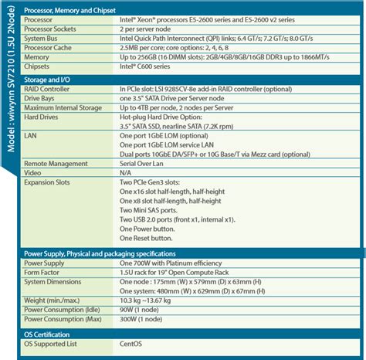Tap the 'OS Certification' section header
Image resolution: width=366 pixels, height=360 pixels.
tap(51, 333)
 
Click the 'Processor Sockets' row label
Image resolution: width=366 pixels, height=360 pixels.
tap(54, 28)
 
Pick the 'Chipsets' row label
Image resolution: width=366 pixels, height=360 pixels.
tap(41, 67)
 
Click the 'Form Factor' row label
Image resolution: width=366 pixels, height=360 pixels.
tap(44, 272)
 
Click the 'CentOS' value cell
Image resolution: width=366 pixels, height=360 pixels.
tap(130, 343)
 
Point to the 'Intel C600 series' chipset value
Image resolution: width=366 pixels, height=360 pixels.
tap(147, 67)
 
